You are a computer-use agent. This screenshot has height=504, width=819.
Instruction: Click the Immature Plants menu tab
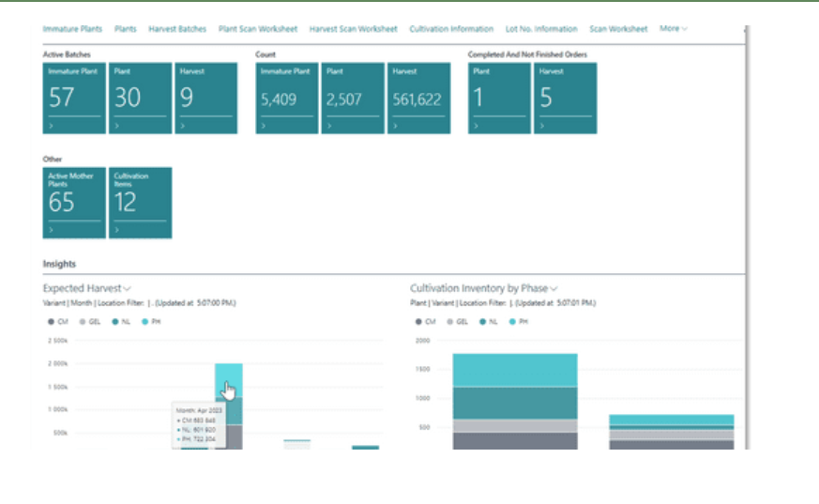pos(73,29)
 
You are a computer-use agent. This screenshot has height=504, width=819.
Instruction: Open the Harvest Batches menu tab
pos(178,29)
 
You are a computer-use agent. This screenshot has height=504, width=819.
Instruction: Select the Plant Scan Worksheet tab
pos(258,29)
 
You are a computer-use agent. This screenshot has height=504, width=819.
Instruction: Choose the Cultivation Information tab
pos(451,29)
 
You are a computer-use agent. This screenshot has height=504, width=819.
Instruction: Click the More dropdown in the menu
pos(673,29)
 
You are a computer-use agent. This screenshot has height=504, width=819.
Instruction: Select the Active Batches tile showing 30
pos(140,98)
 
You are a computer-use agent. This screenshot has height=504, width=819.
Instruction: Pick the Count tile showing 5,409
pos(287,98)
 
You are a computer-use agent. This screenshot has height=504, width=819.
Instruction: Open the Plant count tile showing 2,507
pos(352,98)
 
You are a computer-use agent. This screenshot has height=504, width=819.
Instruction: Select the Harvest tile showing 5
pos(565,98)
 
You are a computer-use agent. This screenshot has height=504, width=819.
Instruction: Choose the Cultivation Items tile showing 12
pos(140,203)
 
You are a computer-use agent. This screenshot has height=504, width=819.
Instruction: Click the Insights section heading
pos(59,264)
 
